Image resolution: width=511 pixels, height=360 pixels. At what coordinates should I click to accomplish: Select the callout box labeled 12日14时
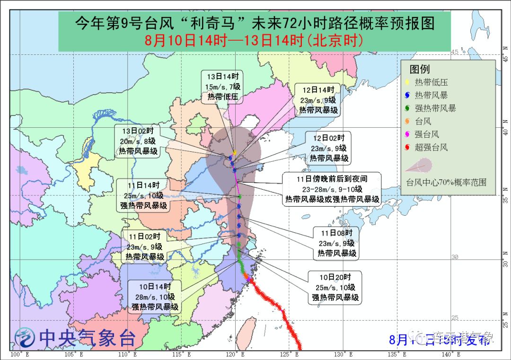pyautogui.click(x=317, y=99)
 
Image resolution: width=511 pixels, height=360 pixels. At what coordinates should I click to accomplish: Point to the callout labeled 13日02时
pyautogui.click(x=137, y=141)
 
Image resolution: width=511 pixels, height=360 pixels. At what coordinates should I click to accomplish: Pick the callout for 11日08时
pyautogui.click(x=336, y=243)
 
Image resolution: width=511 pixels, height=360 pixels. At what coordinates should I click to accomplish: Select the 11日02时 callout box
pyautogui.click(x=144, y=246)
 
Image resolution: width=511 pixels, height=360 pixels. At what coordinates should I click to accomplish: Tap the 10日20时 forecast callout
pyautogui.click(x=335, y=287)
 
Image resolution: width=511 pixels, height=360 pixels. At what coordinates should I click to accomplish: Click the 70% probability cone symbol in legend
pyautogui.click(x=418, y=166)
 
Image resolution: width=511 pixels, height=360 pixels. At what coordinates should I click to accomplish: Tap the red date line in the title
pyautogui.click(x=255, y=40)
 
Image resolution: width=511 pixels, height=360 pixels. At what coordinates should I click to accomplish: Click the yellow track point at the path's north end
pyautogui.click(x=234, y=152)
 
